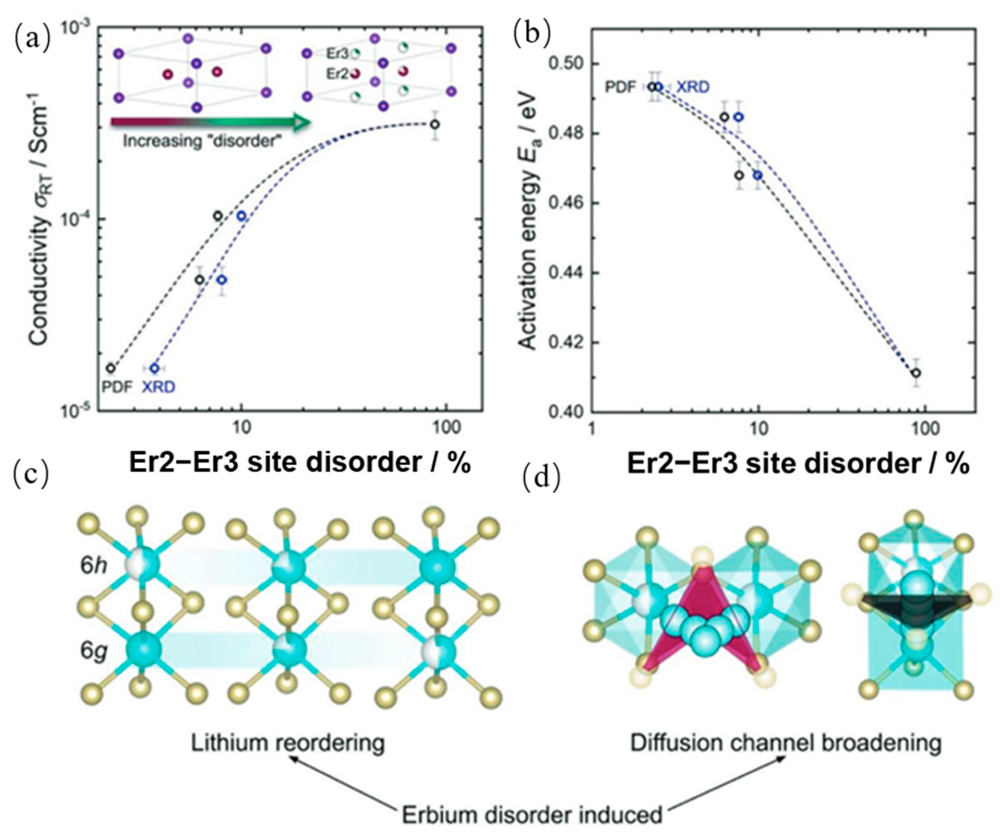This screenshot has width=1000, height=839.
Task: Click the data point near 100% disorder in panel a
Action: point(434,125)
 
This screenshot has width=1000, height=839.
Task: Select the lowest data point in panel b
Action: point(916,373)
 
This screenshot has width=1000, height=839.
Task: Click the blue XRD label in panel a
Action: point(158,387)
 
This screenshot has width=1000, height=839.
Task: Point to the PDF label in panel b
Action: point(620,87)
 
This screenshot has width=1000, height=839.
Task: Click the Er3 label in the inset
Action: point(337,53)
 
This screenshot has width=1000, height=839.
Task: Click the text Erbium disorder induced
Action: point(532,815)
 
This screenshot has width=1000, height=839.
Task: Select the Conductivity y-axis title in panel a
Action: point(40,224)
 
